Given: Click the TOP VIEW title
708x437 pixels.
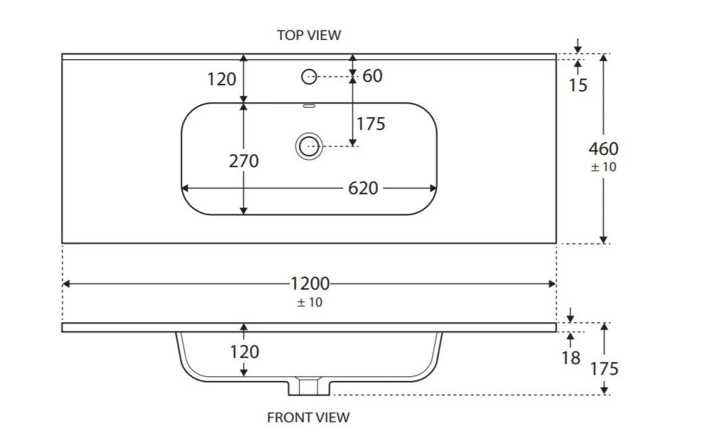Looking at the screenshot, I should click(309, 34).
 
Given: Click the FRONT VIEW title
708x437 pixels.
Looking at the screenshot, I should click(308, 417).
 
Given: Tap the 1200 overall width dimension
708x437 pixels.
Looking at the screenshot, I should click(310, 283).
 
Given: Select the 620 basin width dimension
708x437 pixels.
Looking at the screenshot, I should click(363, 188).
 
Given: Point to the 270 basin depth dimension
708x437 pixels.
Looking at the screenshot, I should click(244, 161).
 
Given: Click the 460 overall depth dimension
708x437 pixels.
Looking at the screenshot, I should click(603, 149).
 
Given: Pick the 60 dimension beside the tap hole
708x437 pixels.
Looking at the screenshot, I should click(373, 76).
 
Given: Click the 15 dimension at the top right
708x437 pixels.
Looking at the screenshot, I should click(578, 85).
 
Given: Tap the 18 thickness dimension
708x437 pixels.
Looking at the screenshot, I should click(571, 358).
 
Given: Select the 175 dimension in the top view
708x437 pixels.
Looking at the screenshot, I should click(371, 124).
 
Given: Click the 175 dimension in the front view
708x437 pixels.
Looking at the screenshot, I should click(604, 369).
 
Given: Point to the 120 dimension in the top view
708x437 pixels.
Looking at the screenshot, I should click(222, 79).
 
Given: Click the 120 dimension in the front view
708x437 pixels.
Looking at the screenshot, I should click(244, 352).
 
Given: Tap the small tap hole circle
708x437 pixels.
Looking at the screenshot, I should click(309, 77).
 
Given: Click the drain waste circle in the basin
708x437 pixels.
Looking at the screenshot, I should click(308, 145).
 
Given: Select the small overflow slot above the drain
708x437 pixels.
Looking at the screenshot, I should click(309, 106).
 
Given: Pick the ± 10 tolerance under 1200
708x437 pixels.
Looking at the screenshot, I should click(310, 302).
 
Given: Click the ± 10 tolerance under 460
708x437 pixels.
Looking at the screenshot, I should click(604, 167).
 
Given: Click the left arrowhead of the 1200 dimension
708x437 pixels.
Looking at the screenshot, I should click(66, 284).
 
